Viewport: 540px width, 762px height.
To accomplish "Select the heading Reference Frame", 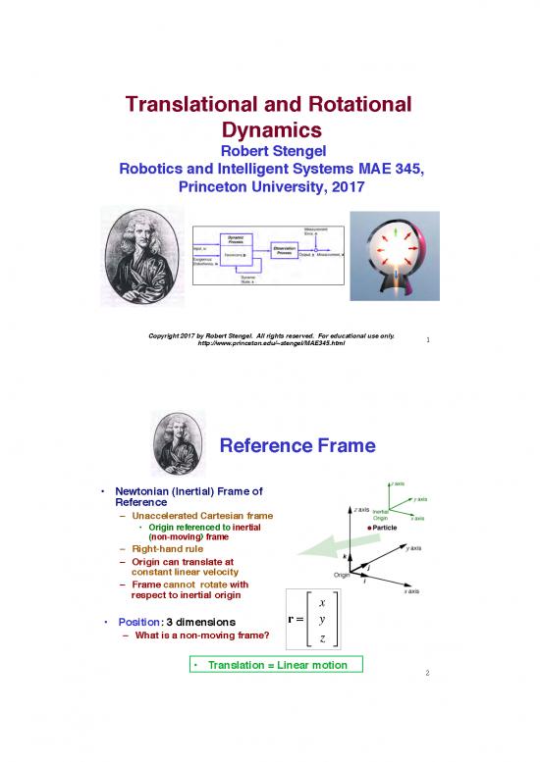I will pos(297,447).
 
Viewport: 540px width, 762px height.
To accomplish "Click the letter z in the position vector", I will pos(323,639).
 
